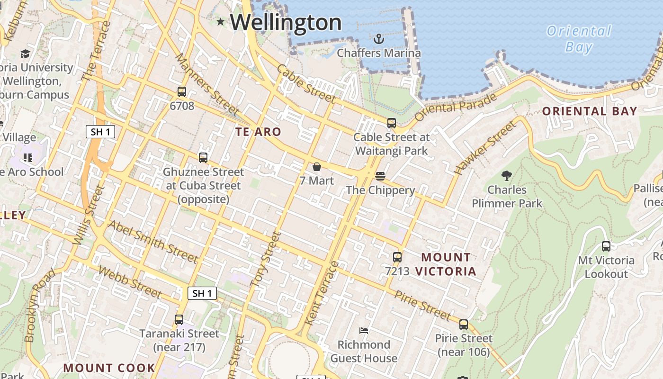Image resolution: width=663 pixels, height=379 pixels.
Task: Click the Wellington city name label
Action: click(286, 22)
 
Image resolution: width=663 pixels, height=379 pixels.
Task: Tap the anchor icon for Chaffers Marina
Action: click(378, 38)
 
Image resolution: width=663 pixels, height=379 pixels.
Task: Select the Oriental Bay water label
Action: click(579, 39)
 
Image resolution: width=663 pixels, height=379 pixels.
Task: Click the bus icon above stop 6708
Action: click(182, 92)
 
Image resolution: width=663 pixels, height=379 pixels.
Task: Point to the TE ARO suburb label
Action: click(259, 132)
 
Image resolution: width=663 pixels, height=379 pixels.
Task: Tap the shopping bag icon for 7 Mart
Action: click(317, 167)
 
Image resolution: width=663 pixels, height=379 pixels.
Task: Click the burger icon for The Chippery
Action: click(380, 176)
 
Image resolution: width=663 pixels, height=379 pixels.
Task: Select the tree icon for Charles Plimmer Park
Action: click(506, 176)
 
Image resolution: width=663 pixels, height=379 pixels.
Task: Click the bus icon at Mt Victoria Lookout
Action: click(606, 246)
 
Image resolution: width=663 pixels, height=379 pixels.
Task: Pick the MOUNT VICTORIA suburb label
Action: click(446, 264)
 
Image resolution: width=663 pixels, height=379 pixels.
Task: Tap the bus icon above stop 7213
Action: click(397, 257)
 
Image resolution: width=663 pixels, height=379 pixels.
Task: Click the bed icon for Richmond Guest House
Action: click(364, 330)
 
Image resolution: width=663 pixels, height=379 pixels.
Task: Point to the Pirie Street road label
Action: click(422, 306)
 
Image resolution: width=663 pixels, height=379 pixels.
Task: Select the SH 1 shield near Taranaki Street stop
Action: click(202, 293)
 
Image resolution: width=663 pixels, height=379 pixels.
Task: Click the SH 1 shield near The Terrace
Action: click(100, 132)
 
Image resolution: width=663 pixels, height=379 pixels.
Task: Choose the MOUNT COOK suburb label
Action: click(109, 368)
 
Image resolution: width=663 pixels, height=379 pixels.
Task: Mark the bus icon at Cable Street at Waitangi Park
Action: click(392, 123)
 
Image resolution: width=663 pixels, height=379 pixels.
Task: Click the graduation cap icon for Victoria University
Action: click(25, 54)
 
